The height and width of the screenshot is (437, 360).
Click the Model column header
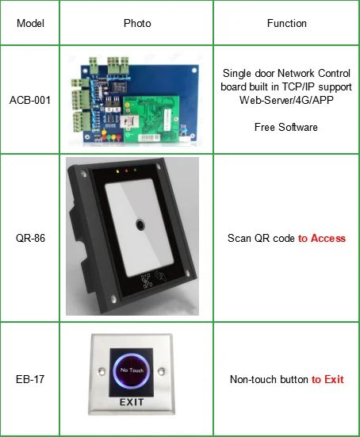coord(29,23)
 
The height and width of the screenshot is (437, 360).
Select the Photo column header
coord(137,23)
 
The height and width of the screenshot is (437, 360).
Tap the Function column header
coord(286,23)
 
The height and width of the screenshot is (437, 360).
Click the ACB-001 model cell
coord(30,99)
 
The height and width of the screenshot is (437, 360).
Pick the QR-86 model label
coord(30,238)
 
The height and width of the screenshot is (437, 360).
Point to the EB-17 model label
coord(30,379)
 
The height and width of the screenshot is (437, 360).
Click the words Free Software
coord(286,127)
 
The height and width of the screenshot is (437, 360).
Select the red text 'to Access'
coord(322,238)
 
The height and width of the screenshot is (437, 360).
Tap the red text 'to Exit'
coord(327,379)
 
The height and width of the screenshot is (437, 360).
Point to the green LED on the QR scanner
coord(136,170)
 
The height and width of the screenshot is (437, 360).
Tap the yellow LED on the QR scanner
coord(116,170)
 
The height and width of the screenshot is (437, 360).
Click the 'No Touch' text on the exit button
coord(131,369)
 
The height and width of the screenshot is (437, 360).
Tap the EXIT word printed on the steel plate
coord(132,403)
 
